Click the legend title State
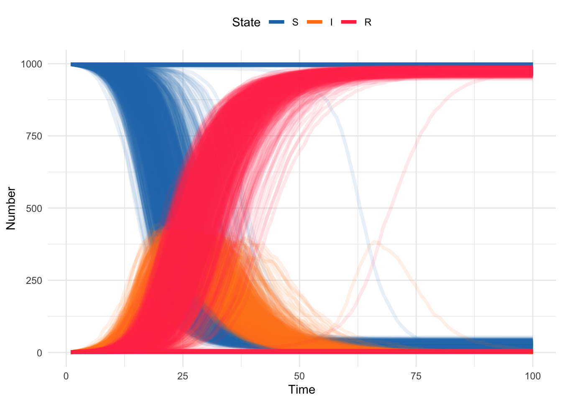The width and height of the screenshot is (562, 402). pos(246,22)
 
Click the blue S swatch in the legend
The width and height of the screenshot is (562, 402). pos(276,22)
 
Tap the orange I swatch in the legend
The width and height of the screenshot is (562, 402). pos(315,22)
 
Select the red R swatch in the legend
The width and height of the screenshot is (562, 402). pos(349,22)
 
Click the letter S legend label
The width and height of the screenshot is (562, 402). pos(295,22)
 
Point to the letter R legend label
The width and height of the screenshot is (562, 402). pos(368,22)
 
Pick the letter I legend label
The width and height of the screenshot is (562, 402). pos(332,22)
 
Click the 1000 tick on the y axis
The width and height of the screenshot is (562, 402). pos(31,64)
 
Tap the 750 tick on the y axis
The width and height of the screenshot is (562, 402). pos(34,136)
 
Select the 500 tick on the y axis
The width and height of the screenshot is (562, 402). pos(34,209)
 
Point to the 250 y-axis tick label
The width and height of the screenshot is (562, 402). pos(34,281)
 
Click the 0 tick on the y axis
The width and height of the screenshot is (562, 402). pos(39,353)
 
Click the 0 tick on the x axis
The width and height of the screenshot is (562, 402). pos(66,376)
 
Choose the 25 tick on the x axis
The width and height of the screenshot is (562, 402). pos(183,376)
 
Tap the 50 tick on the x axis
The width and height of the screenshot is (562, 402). pos(299,376)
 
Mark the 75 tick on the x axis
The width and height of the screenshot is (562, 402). pos(416,376)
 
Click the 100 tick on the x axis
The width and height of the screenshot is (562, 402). pos(532,376)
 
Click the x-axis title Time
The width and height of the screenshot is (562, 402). pos(301,390)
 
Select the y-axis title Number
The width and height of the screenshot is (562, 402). pos(11,208)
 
